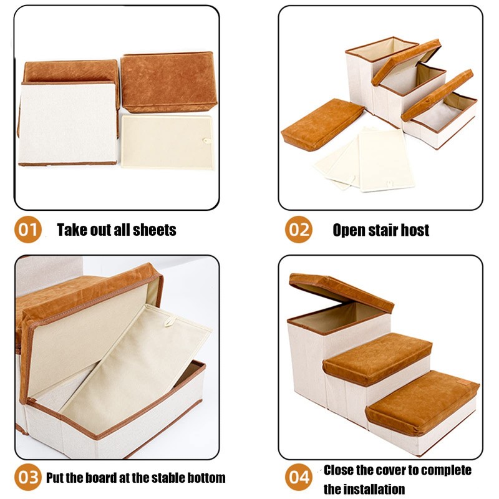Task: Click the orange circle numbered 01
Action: [28, 230]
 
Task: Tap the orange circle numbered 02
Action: [298, 230]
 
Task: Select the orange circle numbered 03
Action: [28, 478]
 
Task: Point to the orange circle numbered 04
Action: [298, 478]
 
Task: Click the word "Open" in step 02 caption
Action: [349, 230]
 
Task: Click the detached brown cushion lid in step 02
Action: [321, 123]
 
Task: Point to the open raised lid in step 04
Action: [341, 292]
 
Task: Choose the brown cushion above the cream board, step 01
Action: [168, 81]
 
